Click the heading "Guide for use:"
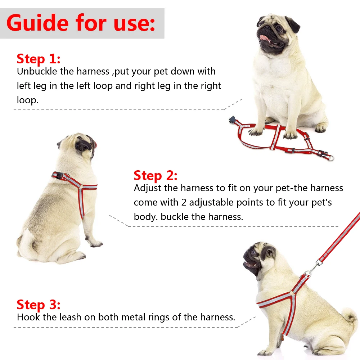pyautogui.click(x=81, y=23)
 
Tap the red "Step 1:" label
pyautogui.click(x=39, y=59)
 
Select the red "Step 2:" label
pyautogui.click(x=156, y=176)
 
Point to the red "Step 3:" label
pyautogui.click(x=39, y=305)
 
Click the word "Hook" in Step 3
pyautogui.click(x=27, y=317)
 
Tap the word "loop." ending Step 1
pyautogui.click(x=27, y=100)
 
